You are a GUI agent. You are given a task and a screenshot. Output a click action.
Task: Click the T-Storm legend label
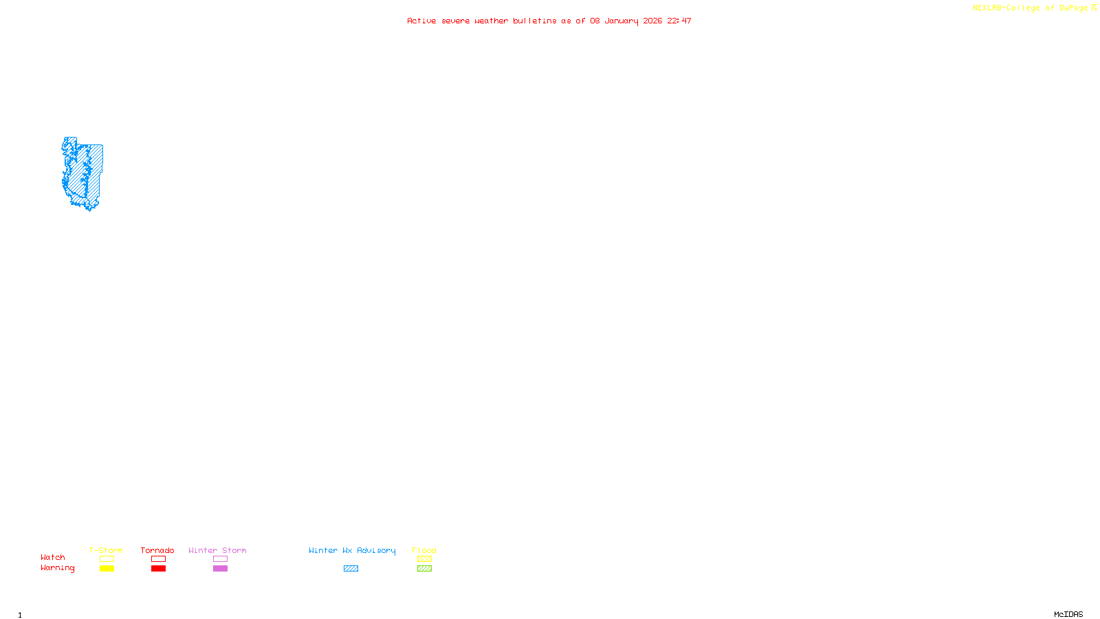[x=106, y=550]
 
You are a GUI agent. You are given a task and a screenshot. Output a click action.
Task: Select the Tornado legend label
[x=157, y=550]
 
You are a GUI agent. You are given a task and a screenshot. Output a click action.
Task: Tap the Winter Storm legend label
[x=217, y=550]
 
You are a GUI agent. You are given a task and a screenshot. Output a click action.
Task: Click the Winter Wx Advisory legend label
[x=352, y=550]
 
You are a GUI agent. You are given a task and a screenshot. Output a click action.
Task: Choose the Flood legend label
[x=424, y=550]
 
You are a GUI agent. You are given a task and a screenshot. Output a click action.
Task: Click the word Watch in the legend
[x=53, y=557]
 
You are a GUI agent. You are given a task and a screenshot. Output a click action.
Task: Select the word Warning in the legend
[x=57, y=568]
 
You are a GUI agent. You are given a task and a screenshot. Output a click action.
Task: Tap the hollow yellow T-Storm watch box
[x=107, y=559]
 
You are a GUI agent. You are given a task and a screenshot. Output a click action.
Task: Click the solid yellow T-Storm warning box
[x=107, y=569]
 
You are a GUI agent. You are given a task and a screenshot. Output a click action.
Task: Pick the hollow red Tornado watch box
[x=158, y=559]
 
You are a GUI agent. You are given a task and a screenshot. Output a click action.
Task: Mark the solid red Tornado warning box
[x=158, y=569]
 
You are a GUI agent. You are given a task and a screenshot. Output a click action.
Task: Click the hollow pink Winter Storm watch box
[x=220, y=559]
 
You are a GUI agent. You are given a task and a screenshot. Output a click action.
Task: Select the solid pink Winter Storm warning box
[x=220, y=569]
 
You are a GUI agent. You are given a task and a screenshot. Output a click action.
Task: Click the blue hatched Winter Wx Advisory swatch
[x=351, y=569]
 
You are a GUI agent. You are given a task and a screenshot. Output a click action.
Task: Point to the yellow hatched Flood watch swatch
[x=424, y=559]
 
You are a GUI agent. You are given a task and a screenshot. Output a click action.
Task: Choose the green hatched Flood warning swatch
[x=424, y=569]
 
